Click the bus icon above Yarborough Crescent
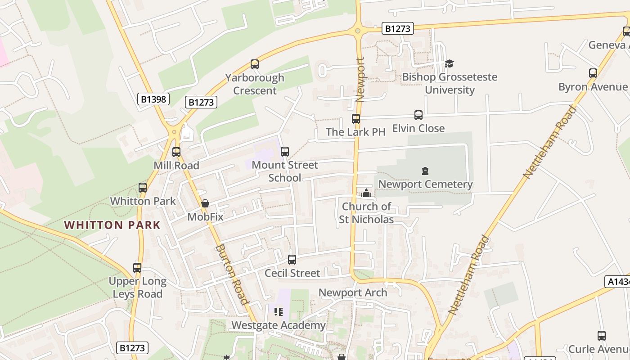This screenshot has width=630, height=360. click(x=255, y=64)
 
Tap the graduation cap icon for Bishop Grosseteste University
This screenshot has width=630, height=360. click(x=449, y=63)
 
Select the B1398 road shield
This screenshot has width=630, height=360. click(x=153, y=99)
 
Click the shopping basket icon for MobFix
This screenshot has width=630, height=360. click(x=205, y=203)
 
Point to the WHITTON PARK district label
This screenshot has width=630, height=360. click(x=112, y=225)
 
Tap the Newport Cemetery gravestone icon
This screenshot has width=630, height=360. click(x=425, y=171)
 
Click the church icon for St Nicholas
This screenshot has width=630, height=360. click(x=366, y=193)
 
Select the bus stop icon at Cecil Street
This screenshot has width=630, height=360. click(x=292, y=260)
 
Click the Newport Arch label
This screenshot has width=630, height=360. click(x=353, y=292)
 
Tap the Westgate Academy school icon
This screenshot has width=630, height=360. click(x=279, y=311)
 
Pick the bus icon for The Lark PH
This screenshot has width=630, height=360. click(x=356, y=119)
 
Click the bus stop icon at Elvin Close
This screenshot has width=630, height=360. click(x=418, y=115)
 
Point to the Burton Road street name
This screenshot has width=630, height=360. click(x=232, y=274)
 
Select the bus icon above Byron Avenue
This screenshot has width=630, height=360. click(x=593, y=73)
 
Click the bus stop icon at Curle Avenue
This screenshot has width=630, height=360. click(x=602, y=336)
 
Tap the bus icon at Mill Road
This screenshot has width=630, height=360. click(x=176, y=152)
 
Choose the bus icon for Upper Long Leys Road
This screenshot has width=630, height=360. click(x=137, y=268)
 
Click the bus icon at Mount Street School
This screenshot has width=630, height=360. click(x=285, y=152)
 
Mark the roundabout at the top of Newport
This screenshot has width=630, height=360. click(x=358, y=31)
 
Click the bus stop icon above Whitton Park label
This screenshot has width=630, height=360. click(x=143, y=188)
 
